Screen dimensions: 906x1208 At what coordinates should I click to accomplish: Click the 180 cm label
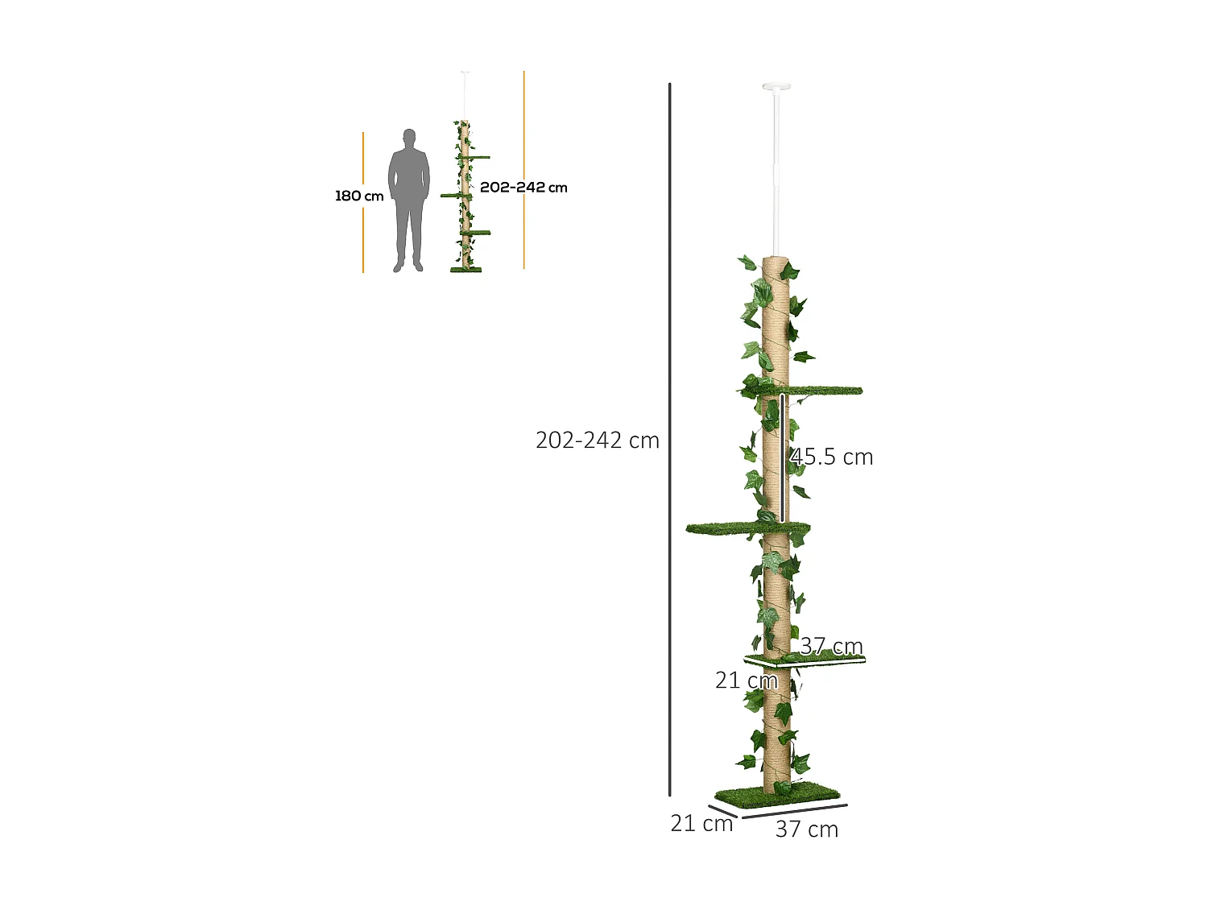click(x=359, y=196)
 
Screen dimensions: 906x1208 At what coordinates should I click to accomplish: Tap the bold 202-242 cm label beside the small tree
click(x=523, y=188)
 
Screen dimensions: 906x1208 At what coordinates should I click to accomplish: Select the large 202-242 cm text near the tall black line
click(x=597, y=441)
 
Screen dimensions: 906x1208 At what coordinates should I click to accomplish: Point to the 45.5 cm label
click(x=832, y=457)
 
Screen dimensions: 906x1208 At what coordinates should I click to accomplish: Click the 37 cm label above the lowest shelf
click(x=831, y=646)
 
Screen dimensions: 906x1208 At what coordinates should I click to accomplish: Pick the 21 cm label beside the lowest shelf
click(x=746, y=681)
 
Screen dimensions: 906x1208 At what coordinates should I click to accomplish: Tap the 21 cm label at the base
click(x=701, y=823)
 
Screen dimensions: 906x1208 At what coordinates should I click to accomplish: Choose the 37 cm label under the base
click(x=806, y=829)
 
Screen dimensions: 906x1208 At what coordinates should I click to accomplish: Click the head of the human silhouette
click(x=409, y=138)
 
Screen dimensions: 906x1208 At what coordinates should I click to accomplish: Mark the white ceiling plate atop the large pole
click(x=776, y=86)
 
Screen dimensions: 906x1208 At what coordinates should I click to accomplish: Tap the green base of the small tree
click(x=465, y=269)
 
